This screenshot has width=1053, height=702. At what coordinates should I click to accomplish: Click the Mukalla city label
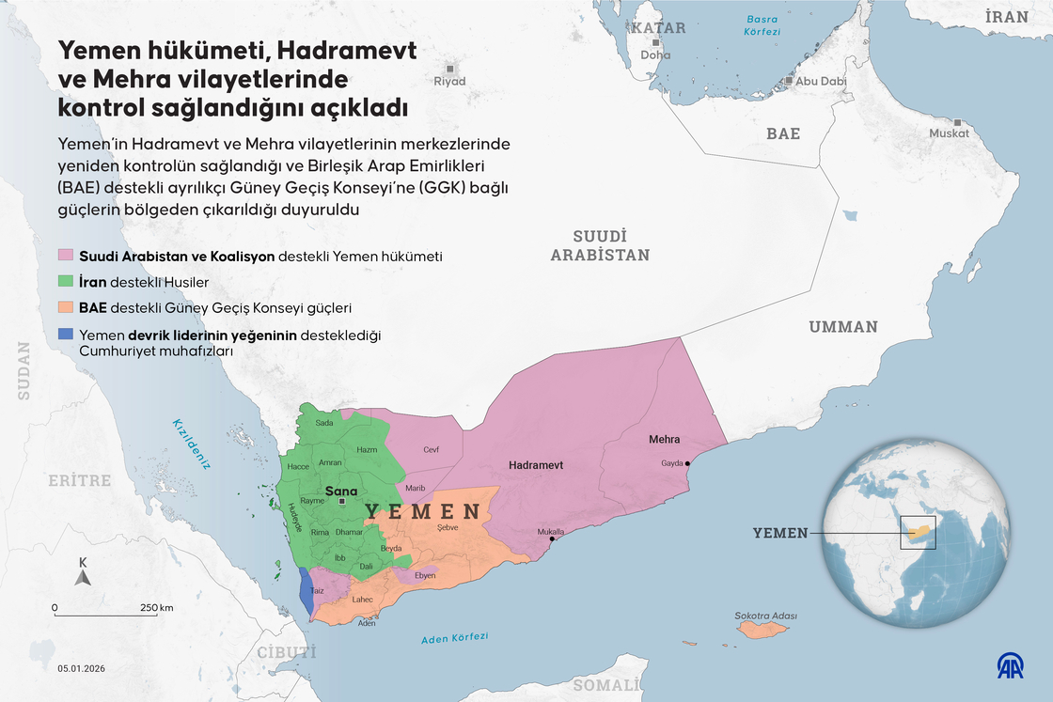pyautogui.click(x=550, y=532)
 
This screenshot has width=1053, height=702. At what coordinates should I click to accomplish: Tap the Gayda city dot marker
pyautogui.click(x=688, y=463)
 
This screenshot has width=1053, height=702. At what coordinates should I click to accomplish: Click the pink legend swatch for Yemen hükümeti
pyautogui.click(x=66, y=256)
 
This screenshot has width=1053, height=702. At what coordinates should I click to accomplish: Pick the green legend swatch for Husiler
pyautogui.click(x=66, y=282)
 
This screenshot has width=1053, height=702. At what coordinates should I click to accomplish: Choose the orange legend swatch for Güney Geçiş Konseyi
pyautogui.click(x=66, y=308)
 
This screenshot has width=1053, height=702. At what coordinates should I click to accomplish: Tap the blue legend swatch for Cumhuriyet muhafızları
pyautogui.click(x=66, y=335)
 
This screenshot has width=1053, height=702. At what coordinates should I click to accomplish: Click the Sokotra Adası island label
pyautogui.click(x=765, y=616)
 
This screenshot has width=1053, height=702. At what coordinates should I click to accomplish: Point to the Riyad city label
pyautogui.click(x=449, y=82)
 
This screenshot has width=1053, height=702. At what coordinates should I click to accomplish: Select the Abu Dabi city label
pyautogui.click(x=821, y=81)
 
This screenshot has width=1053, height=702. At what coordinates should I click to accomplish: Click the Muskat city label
pyautogui.click(x=949, y=133)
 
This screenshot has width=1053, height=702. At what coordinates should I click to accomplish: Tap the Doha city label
pyautogui.click(x=655, y=55)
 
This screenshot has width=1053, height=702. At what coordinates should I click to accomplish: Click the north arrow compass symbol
pyautogui.click(x=83, y=575)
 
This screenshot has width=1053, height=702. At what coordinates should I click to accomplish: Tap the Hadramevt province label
pyautogui.click(x=535, y=465)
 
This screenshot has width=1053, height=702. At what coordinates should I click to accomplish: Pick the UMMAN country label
pyautogui.click(x=842, y=327)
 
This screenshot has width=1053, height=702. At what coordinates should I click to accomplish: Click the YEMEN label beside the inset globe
pyautogui.click(x=779, y=533)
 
